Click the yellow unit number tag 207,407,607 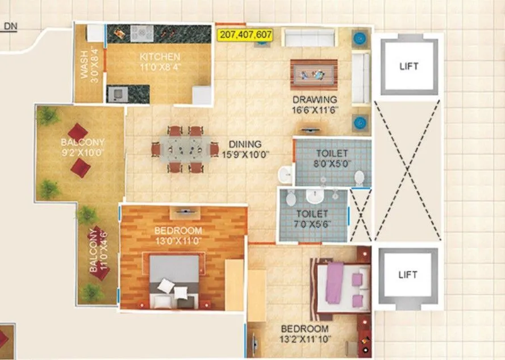[x=245, y=35]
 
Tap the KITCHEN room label [x=160, y=61]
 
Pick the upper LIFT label [x=408, y=66]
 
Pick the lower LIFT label [x=408, y=275]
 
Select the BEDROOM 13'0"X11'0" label [x=178, y=236]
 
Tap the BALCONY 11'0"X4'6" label [x=97, y=250]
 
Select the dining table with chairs [x=183, y=149]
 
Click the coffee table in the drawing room [x=314, y=74]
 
